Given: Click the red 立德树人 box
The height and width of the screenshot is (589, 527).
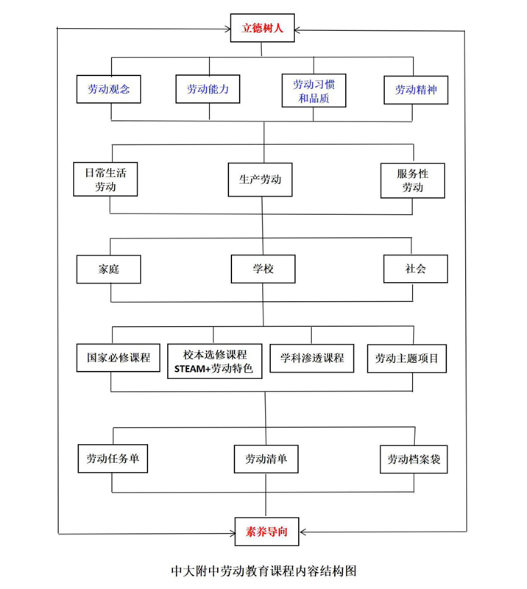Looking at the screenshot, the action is [262, 28].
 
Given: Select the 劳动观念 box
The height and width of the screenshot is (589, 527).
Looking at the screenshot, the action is [108, 89].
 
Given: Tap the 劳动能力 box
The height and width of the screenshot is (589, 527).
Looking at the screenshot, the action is [208, 89].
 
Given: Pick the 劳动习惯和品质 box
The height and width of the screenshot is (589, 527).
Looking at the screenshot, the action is [314, 91].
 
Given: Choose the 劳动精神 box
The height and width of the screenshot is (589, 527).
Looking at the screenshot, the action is [416, 90].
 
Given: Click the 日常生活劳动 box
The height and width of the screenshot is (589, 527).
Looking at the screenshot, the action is [105, 179].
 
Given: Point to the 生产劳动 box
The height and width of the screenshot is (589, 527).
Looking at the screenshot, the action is [260, 180].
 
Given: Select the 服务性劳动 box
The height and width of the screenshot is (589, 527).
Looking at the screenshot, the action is [412, 180].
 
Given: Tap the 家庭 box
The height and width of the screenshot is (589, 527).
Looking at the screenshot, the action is [108, 269].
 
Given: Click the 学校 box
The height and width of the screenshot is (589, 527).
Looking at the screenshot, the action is [263, 269].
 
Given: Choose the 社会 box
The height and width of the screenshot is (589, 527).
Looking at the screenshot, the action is [415, 269].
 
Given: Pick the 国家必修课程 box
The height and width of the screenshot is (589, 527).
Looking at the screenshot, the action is [119, 358].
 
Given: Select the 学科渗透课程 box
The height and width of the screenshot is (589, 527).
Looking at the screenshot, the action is [312, 358].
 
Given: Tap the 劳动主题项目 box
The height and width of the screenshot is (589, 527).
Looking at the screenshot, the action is [407, 359].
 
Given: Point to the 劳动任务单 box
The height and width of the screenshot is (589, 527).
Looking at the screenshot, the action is [113, 458].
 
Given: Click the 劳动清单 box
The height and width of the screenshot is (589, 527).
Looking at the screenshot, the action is [266, 459].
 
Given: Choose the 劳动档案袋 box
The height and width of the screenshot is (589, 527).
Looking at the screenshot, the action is [414, 459].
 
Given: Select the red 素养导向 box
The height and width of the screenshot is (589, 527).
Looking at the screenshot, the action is [266, 532].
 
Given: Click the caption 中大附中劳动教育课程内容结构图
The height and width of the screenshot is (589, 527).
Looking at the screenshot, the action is [263, 571].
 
